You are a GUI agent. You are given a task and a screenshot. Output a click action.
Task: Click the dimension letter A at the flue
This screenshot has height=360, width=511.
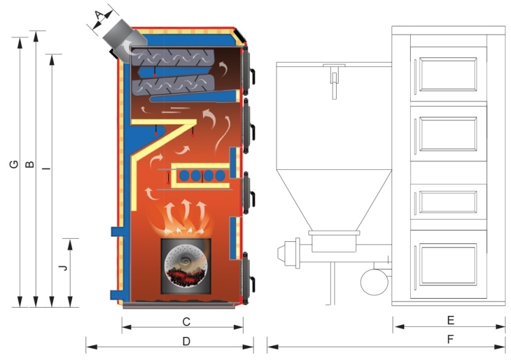(x=98, y=15)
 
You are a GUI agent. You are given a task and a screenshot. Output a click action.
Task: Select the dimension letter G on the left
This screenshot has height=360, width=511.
(x=13, y=165)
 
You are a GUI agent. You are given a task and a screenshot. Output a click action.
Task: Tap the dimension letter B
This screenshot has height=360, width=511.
(x=29, y=165)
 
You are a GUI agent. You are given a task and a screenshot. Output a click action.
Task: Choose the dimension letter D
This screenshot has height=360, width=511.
(x=186, y=341)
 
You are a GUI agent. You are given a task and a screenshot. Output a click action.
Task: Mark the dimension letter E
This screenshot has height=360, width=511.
(x=450, y=319)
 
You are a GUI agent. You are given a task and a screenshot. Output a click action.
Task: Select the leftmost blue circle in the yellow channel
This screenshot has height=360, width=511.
(x=183, y=174)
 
